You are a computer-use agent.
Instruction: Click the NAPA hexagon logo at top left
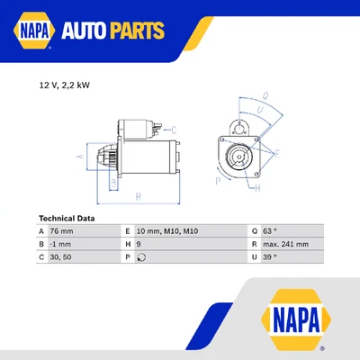point(31,31)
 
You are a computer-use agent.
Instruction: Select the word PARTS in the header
point(139,31)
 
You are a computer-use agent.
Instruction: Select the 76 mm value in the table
point(62,231)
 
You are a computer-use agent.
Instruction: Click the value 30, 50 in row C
point(61,256)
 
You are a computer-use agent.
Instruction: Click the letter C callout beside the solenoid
point(173,130)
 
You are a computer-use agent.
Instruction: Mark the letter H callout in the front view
point(257,188)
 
